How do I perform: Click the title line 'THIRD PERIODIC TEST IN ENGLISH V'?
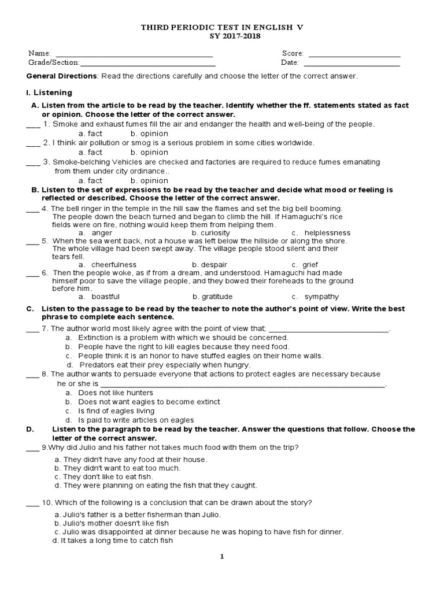point(222,27)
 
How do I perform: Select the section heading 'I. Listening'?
point(49,92)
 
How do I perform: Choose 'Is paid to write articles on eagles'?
point(136,420)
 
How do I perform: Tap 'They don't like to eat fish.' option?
point(103,477)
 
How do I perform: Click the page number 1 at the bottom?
point(221,557)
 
